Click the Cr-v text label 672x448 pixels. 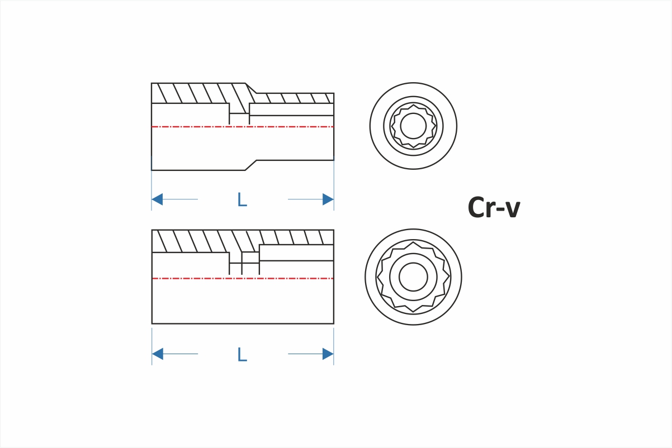click(x=494, y=208)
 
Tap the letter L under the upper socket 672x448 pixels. click(x=242, y=199)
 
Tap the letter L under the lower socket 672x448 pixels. click(x=242, y=354)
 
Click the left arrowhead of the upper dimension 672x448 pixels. click(x=158, y=199)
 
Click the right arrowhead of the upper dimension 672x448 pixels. click(x=328, y=199)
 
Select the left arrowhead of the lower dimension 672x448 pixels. click(x=158, y=354)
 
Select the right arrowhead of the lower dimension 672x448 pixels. click(x=328, y=354)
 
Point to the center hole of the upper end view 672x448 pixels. click(x=413, y=126)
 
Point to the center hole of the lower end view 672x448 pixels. click(x=413, y=277)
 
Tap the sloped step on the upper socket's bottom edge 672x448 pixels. click(x=250, y=165)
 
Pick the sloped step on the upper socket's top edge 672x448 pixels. click(x=251, y=88)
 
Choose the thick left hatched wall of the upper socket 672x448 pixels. click(x=190, y=93)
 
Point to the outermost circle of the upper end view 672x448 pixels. click(x=371, y=126)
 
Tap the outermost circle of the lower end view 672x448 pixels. click(x=366, y=277)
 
